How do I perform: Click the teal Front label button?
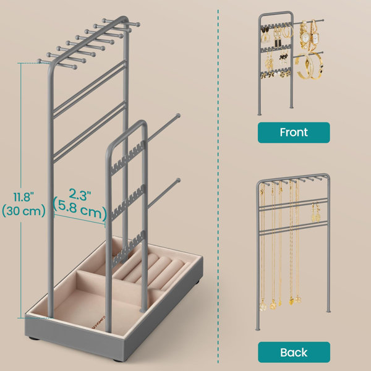[x=294, y=132]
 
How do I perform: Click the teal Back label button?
[x=294, y=352]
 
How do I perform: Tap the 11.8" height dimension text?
[x=23, y=197]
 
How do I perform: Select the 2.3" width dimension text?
[x=80, y=195]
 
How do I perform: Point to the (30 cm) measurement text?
[x=23, y=211]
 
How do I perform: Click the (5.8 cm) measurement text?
[x=80, y=209]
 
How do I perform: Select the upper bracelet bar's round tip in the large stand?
[x=177, y=116]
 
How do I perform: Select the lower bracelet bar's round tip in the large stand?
[x=178, y=181]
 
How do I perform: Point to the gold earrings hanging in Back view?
[x=316, y=212]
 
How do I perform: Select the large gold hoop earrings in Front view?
[x=288, y=30]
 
